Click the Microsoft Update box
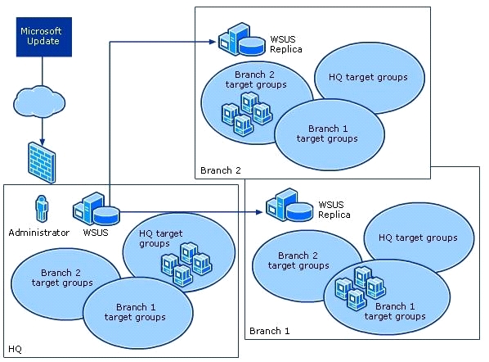point(44,37)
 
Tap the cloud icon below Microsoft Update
point(39,102)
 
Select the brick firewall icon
point(42,162)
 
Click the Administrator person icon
point(42,209)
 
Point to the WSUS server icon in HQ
point(96,209)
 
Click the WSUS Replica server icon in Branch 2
point(242,39)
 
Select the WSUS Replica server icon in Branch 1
point(289,205)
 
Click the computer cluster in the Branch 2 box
point(247,113)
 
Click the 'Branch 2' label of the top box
point(221,170)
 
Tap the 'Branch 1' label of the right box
point(270,331)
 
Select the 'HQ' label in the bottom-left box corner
point(15,349)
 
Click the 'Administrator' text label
point(39,233)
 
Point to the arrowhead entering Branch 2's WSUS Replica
point(213,42)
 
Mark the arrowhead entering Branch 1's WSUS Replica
point(259,212)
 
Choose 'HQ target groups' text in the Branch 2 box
point(368,77)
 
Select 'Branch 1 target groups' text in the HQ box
point(135,312)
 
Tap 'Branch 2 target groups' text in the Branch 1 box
point(298,260)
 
